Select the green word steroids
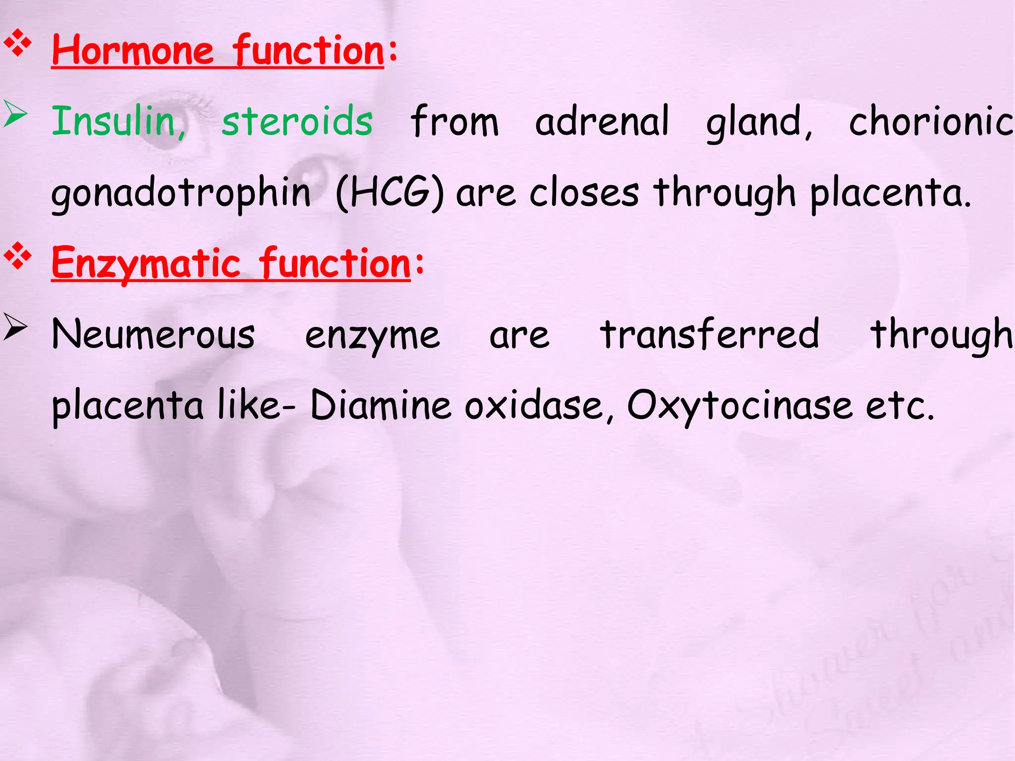(x=297, y=121)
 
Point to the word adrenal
(x=602, y=121)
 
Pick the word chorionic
(x=931, y=121)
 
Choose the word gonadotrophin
(x=181, y=193)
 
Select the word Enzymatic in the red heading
(x=146, y=264)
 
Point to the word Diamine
(x=381, y=405)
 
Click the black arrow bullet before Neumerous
(x=15, y=327)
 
